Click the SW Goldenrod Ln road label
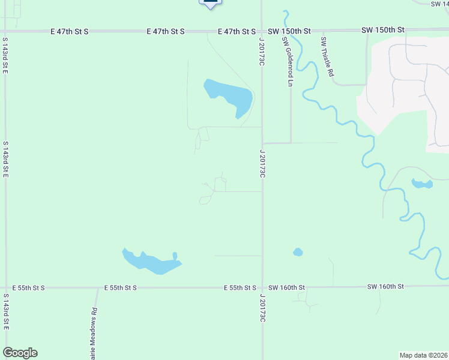pyautogui.click(x=286, y=62)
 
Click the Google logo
pyautogui.click(x=20, y=353)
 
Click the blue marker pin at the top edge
pyautogui.click(x=210, y=3)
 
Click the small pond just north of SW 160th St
pyautogui.click(x=298, y=252)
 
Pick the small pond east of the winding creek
pyautogui.click(x=421, y=183)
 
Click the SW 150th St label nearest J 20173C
pyautogui.click(x=289, y=31)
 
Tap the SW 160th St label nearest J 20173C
pyautogui.click(x=287, y=288)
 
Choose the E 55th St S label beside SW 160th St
pyautogui.click(x=240, y=288)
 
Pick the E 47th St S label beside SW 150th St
pyautogui.click(x=237, y=31)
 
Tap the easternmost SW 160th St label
pyautogui.click(x=387, y=287)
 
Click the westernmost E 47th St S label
pyautogui.click(x=69, y=31)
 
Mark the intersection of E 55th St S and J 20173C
pyautogui.click(x=262, y=287)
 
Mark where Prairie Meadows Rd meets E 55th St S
pyautogui.click(x=97, y=288)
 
